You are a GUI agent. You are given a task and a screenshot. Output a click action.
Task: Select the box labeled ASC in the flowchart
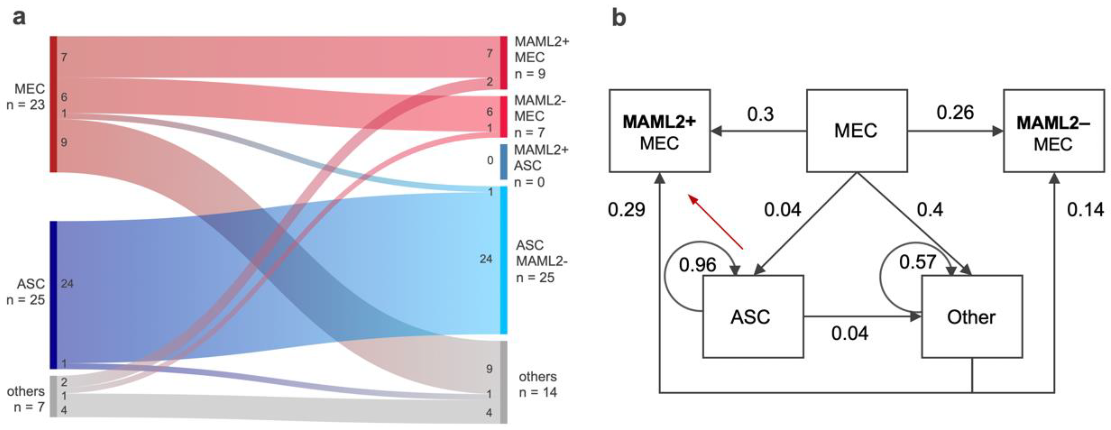coord(753,317)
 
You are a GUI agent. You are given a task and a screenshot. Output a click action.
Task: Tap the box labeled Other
coord(972,317)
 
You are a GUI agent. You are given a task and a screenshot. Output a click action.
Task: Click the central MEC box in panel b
coord(857,131)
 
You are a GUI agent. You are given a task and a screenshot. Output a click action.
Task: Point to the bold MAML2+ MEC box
coord(659,131)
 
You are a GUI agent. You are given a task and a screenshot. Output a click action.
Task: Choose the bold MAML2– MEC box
coord(1054,131)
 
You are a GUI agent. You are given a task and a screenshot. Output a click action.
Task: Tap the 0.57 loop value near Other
coord(917,262)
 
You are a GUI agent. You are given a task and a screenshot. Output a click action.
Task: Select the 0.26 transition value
coord(955,112)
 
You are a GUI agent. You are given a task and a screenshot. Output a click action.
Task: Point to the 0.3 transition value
coord(760,114)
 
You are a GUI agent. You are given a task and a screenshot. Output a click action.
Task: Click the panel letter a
coord(19,18)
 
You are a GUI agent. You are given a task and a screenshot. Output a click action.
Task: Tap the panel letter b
coord(619,18)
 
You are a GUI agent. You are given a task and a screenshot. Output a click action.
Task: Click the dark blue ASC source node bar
coord(53,295)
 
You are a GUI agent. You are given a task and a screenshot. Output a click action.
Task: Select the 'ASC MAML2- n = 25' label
coord(542,261)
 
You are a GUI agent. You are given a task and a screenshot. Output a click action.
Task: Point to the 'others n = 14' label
coord(537,384)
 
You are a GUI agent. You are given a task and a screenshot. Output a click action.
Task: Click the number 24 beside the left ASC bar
coord(67,284)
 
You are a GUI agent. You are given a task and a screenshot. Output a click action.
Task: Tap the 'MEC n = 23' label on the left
coord(26,96)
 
